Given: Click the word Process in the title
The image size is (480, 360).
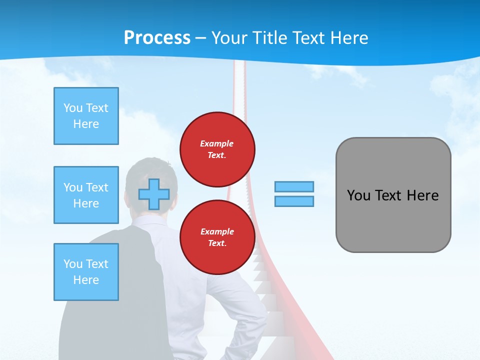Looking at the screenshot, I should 157,38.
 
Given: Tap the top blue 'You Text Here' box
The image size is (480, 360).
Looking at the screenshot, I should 86,116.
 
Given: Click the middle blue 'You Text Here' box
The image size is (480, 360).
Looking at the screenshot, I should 86,195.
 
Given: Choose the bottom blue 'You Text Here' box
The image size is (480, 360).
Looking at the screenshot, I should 86,272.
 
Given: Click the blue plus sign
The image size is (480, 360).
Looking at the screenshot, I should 153,194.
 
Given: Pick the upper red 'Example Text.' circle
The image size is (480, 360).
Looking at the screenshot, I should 217,149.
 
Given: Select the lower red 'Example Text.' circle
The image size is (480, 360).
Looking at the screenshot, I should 217,237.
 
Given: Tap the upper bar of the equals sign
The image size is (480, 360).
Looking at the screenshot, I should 294,186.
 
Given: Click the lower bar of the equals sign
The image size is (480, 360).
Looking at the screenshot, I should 294,201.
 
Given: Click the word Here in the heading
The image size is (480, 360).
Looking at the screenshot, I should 348,38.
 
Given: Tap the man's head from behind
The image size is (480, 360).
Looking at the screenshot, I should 151,175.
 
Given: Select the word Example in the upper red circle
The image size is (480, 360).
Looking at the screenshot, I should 216,144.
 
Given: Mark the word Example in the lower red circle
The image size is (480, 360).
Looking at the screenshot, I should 217,232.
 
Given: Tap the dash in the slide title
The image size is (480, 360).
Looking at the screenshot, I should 200,38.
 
